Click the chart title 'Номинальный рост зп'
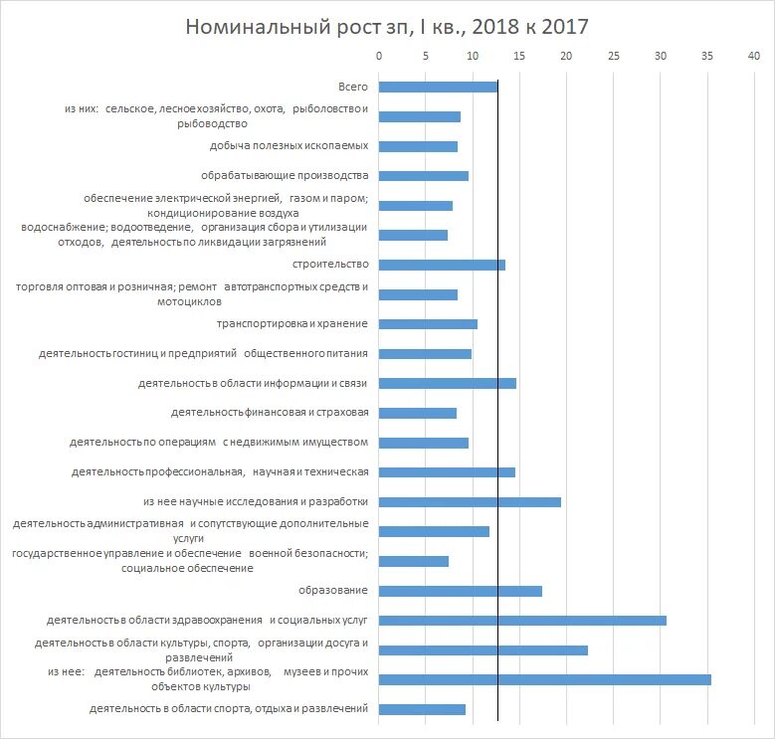point(387,26)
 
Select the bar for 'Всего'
point(438,87)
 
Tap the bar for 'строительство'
point(442,265)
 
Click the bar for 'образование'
point(461,591)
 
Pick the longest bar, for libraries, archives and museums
point(545,679)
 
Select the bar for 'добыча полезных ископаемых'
point(418,146)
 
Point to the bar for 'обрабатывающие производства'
point(424,176)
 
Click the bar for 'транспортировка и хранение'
point(428,323)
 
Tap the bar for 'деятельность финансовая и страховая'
point(418,413)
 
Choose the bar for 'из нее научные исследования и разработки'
point(470,501)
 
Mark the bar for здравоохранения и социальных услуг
point(522,621)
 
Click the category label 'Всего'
point(353,87)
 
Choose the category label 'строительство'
point(330,265)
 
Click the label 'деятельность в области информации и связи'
point(253,383)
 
